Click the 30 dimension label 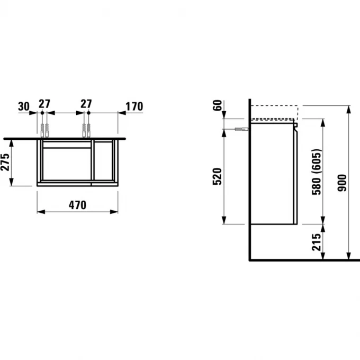coord(23,106)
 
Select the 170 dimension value coord(134,106)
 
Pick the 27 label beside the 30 coord(45,106)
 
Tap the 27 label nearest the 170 coord(86,106)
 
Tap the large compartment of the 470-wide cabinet coord(66,164)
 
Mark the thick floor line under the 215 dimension coord(304,260)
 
